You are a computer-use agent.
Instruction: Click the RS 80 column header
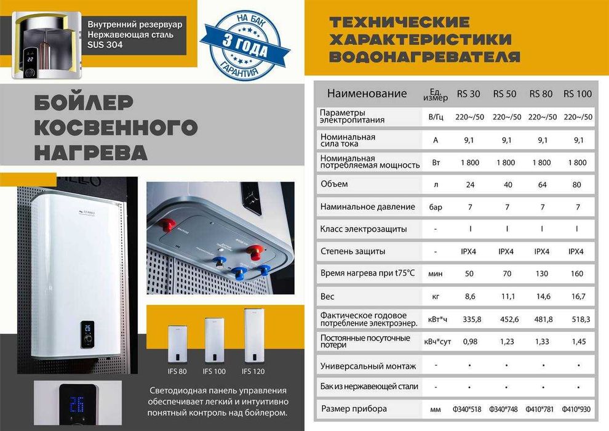point(541,94)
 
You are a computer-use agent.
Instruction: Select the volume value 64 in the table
point(542,184)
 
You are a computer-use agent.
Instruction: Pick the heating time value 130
point(542,273)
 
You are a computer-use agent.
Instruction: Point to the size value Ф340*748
point(506,409)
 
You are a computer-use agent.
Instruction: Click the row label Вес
point(327,296)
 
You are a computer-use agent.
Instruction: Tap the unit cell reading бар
point(436,207)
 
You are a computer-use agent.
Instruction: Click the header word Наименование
point(367,94)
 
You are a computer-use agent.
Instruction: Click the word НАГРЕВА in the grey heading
point(90,152)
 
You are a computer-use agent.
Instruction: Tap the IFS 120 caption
point(255,371)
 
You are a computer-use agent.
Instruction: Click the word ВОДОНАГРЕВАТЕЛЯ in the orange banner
point(424,57)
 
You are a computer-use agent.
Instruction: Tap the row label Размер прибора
point(354,409)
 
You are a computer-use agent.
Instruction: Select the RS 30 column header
point(469,94)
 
